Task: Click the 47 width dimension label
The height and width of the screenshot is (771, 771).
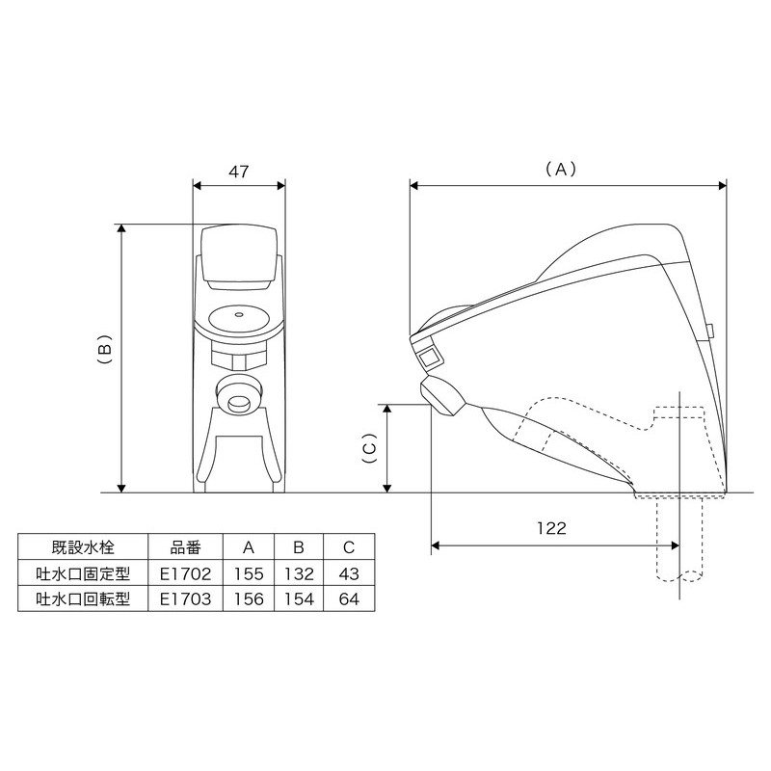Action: click(239, 172)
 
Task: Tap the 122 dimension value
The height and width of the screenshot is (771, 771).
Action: click(553, 529)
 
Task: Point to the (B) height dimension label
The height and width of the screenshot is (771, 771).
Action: click(106, 356)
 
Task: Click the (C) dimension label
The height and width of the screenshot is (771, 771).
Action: click(368, 447)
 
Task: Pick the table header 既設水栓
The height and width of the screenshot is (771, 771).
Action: click(82, 548)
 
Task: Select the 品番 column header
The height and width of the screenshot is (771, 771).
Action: click(185, 548)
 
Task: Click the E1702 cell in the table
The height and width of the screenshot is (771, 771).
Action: click(185, 573)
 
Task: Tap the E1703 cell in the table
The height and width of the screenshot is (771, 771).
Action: click(185, 598)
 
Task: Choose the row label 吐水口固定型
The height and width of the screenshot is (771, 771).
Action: click(82, 573)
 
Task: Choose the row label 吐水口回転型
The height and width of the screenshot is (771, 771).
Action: click(82, 598)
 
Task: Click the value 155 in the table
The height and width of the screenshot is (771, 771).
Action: click(249, 573)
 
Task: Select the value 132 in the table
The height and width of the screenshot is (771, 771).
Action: click(299, 573)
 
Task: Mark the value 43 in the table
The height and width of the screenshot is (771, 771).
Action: click(349, 573)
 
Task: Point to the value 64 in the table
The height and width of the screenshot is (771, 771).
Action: click(349, 598)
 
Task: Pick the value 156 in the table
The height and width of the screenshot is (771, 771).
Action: click(249, 598)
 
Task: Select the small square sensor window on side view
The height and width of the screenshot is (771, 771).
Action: click(428, 358)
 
